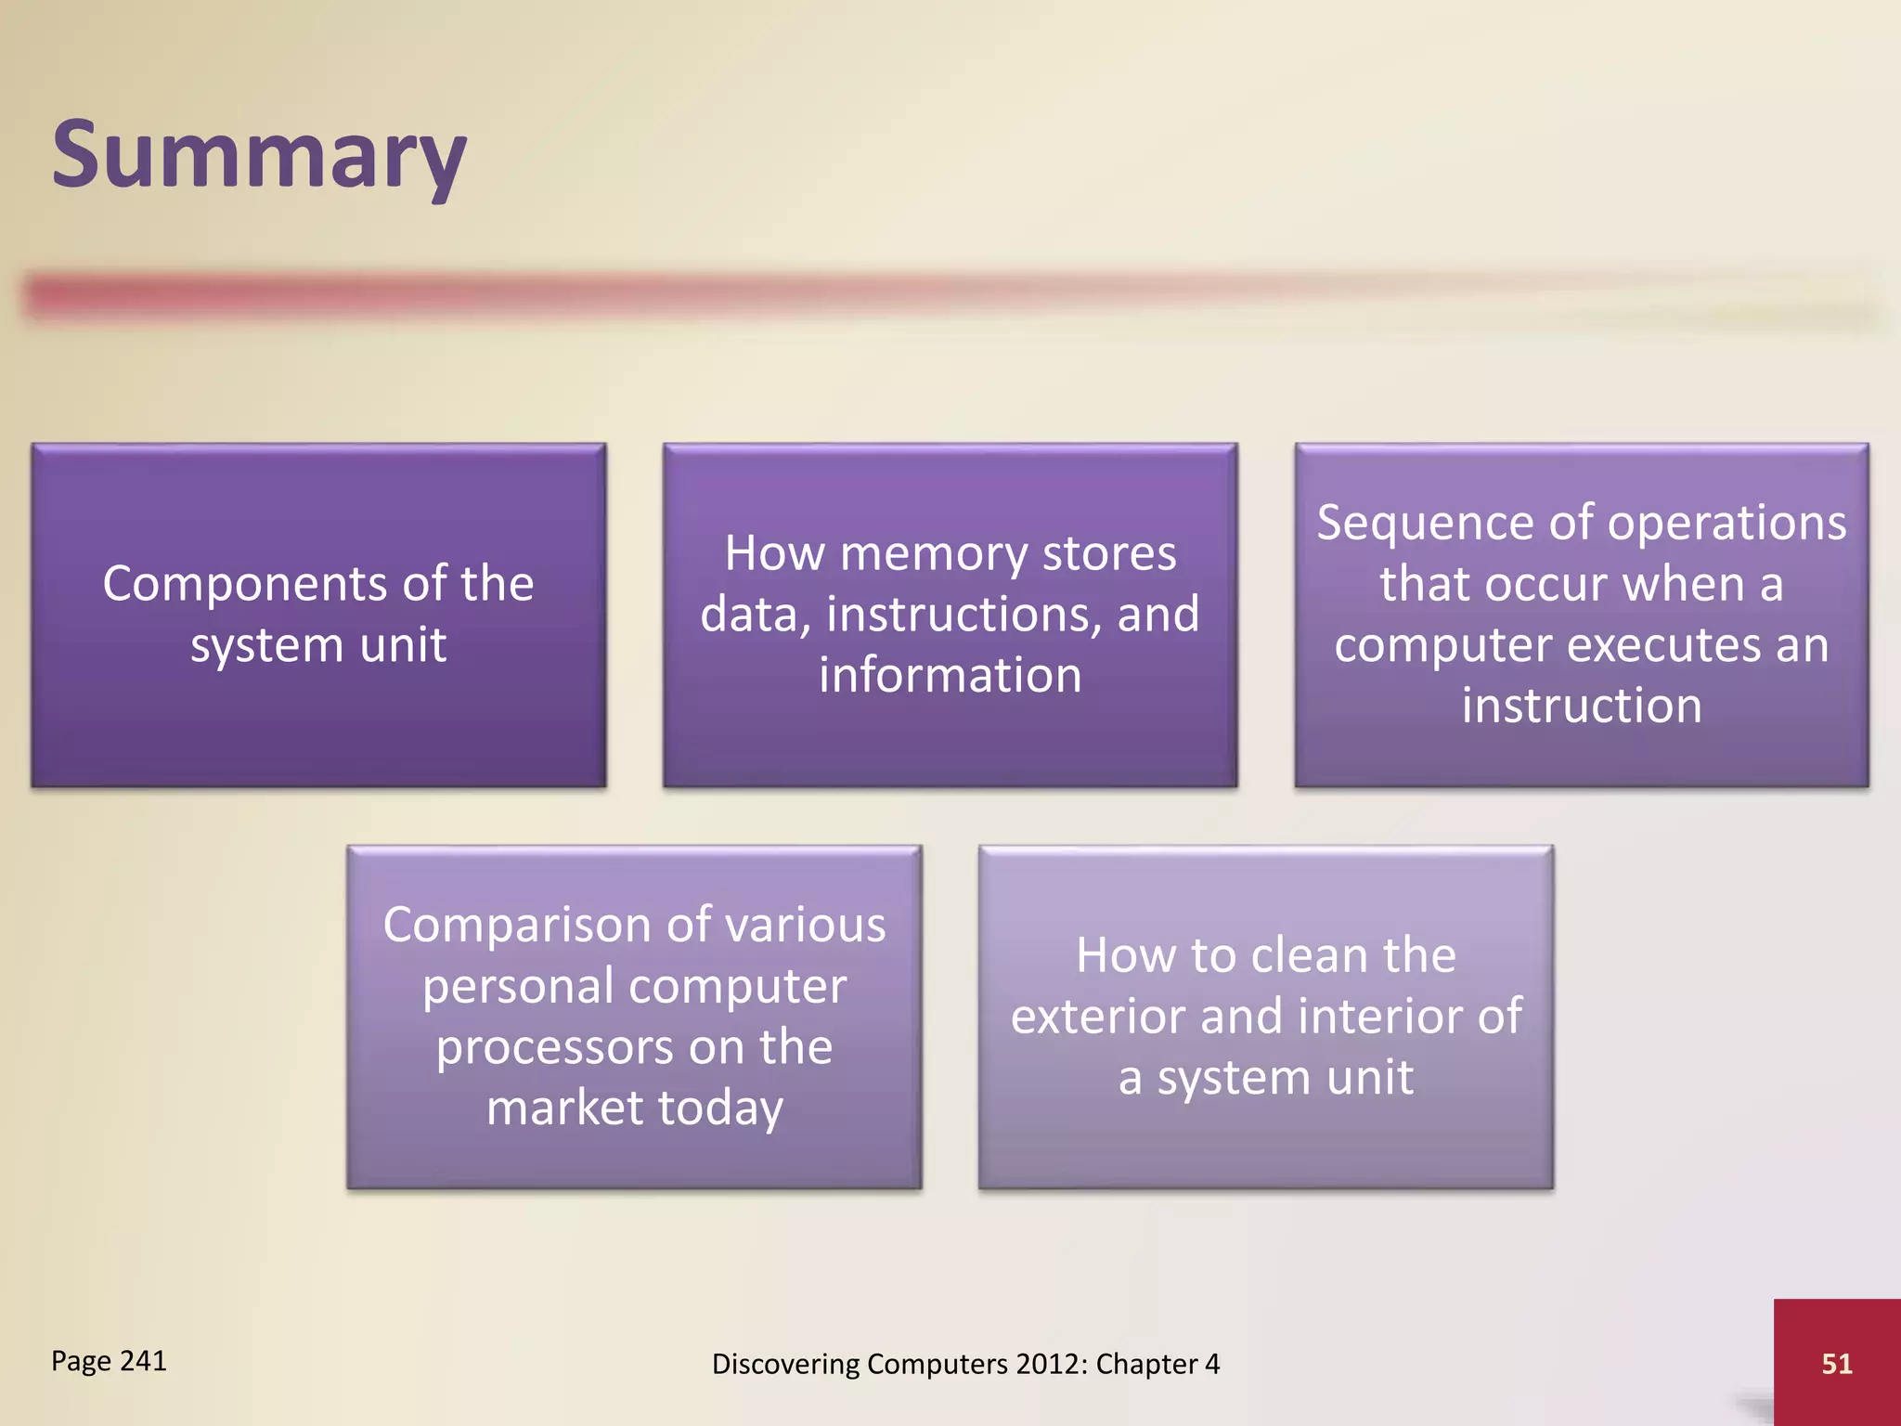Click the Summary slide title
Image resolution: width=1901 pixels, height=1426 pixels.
pos(258,154)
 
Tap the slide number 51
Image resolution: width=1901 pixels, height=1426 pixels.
pos(1836,1363)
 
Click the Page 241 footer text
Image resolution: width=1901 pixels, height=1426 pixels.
pos(109,1360)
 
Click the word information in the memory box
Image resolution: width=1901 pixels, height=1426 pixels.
pos(950,675)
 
